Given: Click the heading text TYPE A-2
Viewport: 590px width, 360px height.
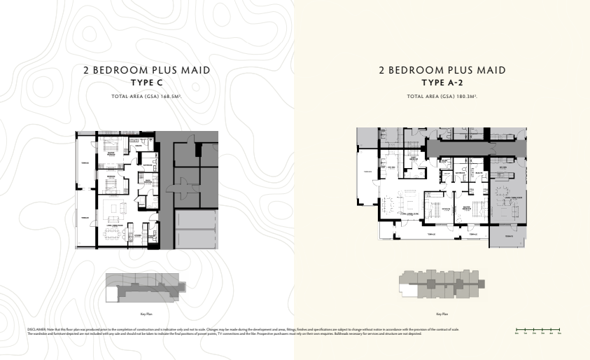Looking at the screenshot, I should coord(442,83).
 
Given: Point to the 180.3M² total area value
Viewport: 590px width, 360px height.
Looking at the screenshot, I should coord(466,95).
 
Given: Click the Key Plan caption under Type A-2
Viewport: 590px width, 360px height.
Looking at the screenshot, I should coord(442,314).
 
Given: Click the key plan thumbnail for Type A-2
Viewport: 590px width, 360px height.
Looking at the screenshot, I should coord(442,284).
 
